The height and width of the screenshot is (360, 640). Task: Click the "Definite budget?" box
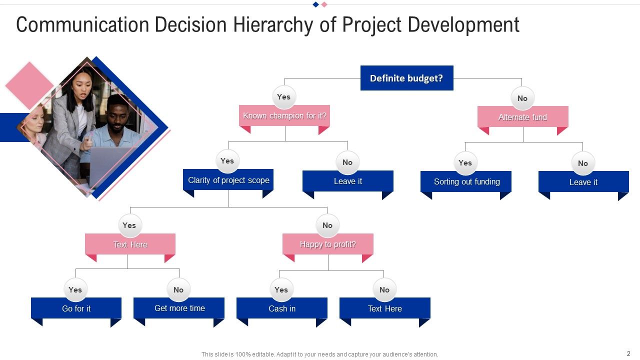point(406,78)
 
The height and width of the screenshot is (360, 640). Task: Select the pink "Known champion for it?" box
point(284,115)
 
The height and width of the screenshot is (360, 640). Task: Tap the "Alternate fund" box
point(522,117)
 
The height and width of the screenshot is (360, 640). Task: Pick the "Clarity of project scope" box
point(228,180)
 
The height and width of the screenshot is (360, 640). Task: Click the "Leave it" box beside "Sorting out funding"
point(583,182)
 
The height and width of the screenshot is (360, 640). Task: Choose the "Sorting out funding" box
point(466,181)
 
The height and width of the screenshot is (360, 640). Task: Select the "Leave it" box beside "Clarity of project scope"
point(347,181)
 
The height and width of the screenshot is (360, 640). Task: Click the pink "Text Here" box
point(130,244)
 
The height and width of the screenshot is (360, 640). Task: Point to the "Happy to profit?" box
point(327,244)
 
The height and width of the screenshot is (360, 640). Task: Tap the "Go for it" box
point(76,308)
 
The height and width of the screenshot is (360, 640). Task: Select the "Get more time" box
point(179,308)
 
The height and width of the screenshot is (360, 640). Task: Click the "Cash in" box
point(281,308)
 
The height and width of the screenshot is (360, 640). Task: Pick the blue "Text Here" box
point(384,308)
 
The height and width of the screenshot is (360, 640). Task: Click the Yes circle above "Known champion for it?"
point(284,97)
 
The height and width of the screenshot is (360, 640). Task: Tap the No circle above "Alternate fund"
point(522,98)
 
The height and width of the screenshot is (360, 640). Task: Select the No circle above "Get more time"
point(178,290)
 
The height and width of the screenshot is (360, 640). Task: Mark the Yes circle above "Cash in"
point(281,290)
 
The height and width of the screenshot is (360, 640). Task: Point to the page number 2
point(628,353)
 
